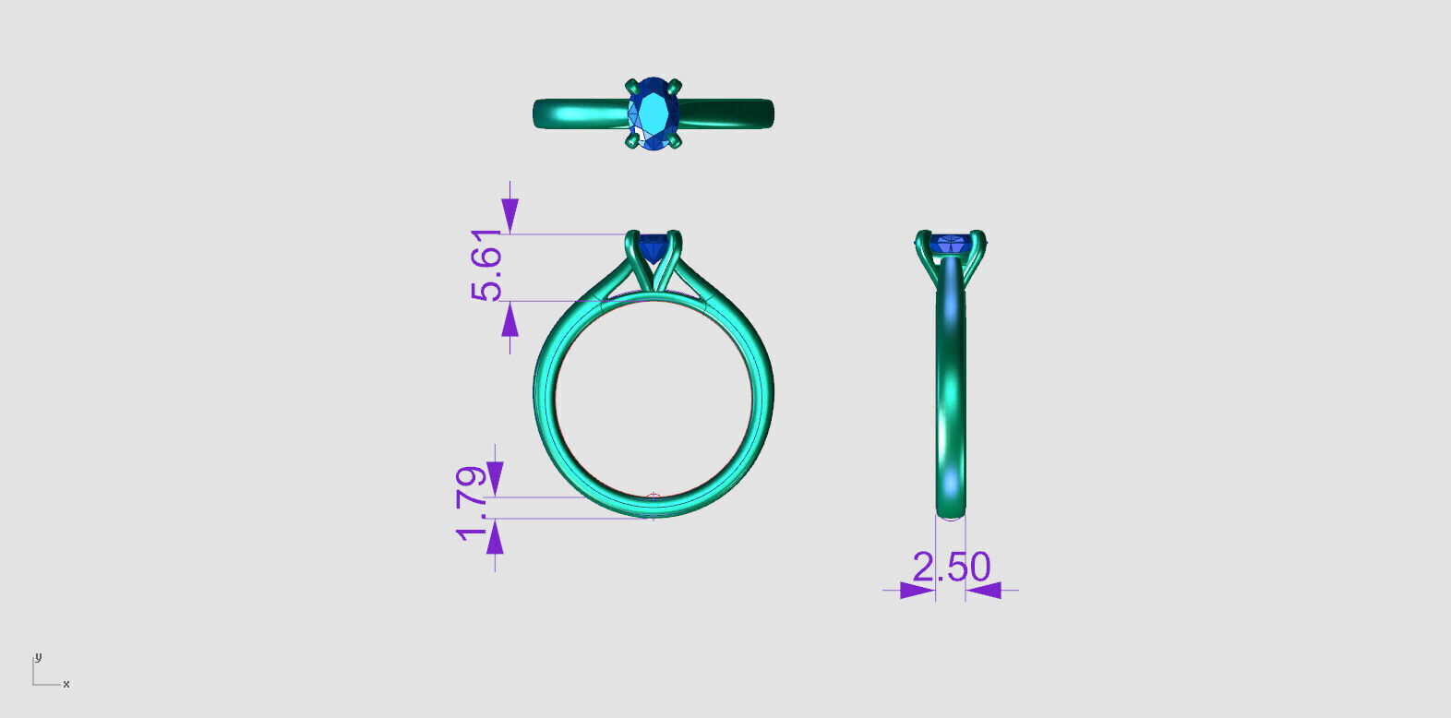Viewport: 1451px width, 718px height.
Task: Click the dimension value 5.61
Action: (486, 266)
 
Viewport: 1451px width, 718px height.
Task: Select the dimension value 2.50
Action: (951, 567)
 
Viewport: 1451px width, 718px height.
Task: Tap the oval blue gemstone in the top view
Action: (654, 114)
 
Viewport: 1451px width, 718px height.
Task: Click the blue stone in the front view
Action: (654, 247)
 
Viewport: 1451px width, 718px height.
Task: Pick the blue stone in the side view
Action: (949, 245)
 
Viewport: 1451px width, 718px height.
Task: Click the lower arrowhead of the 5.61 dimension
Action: (510, 319)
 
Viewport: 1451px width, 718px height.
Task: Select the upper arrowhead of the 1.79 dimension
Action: (495, 478)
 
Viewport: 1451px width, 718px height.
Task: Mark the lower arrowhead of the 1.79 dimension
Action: (495, 537)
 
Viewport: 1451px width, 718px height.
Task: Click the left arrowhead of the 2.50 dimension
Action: (917, 590)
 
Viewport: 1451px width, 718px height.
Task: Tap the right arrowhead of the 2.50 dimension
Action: (984, 590)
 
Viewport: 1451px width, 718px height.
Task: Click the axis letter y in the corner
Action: (38, 657)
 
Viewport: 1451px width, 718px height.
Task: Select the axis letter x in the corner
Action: (66, 685)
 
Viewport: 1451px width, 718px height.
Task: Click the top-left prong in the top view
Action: (631, 85)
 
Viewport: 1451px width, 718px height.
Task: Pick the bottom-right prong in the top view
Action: (677, 142)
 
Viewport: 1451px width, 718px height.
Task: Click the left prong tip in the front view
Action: (632, 236)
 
